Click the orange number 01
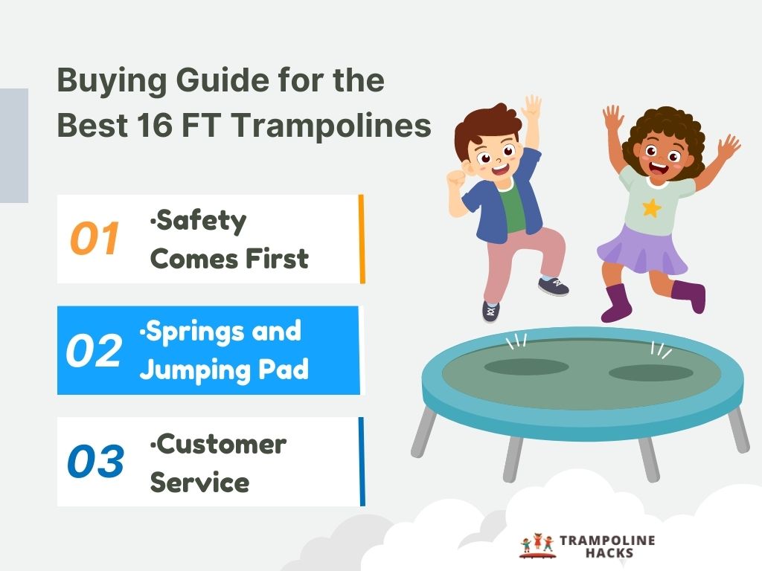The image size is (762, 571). [x=95, y=239]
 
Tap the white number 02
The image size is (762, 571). [x=94, y=350]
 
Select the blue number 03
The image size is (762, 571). [x=95, y=462]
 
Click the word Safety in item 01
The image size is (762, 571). [x=199, y=221]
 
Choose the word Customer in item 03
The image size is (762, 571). [x=220, y=444]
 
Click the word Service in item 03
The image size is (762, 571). [x=199, y=483]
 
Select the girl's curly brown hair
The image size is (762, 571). [x=662, y=130]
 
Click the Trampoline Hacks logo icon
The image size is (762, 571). [x=537, y=545]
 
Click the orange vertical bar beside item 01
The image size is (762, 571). [x=362, y=239]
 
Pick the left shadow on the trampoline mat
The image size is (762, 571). [x=526, y=367]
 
